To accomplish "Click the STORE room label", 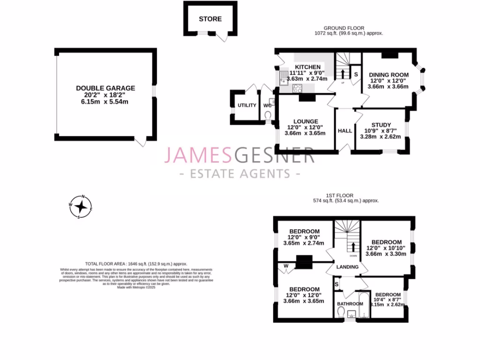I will [210, 19].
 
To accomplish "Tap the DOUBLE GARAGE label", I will [105, 88].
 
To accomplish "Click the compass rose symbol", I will [81, 206].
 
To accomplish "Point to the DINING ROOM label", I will [389, 75].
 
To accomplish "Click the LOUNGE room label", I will [306, 121].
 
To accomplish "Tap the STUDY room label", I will [381, 125].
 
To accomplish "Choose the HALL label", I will [345, 131].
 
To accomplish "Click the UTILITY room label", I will [247, 105].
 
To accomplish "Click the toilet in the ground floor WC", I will [268, 115].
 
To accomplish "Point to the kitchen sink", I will [284, 77].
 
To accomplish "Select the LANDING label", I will [348, 267].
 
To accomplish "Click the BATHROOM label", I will [350, 304].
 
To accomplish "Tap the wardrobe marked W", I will [286, 266].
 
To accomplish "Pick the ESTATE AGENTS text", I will [240, 174].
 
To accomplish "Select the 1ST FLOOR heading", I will [340, 195].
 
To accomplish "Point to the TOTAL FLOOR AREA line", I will [136, 264].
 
